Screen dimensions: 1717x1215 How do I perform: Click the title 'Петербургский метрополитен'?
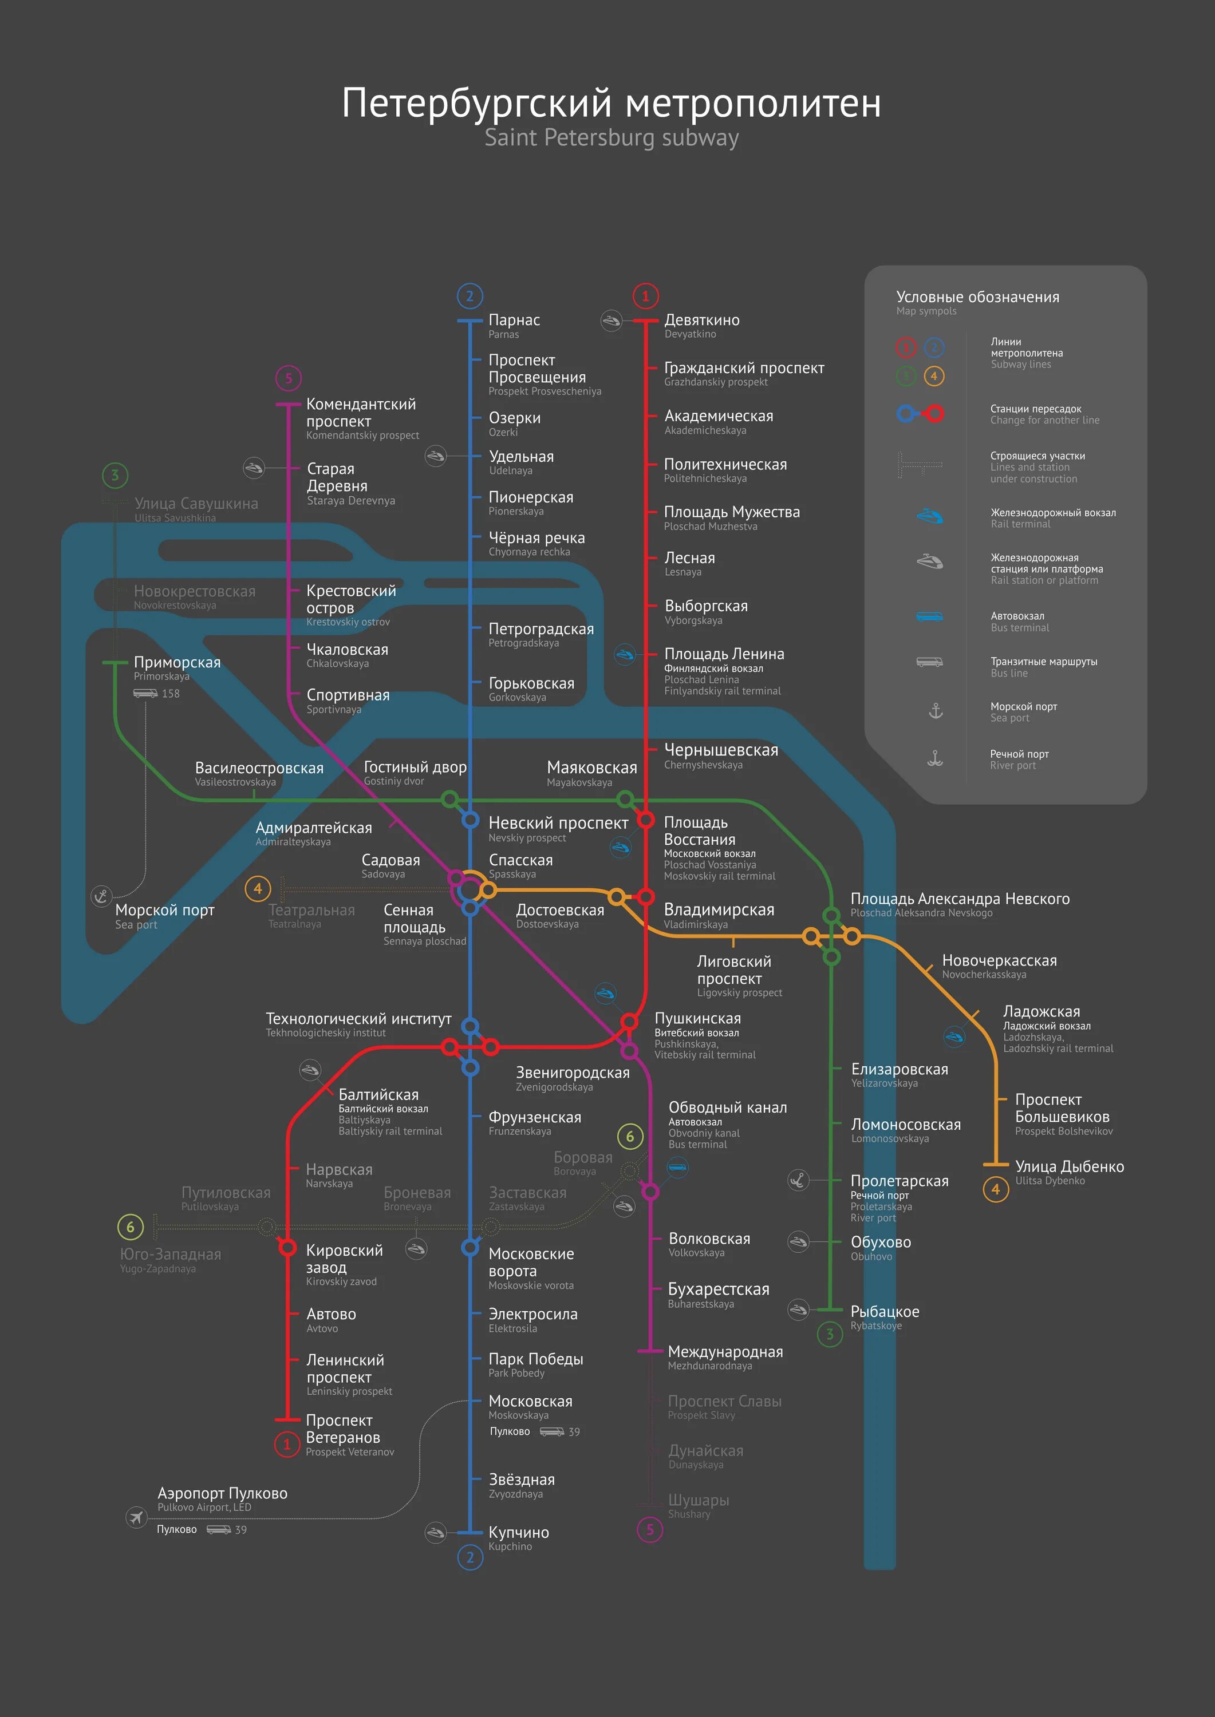pyautogui.click(x=612, y=103)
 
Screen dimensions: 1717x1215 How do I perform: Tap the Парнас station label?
pyautogui.click(x=514, y=320)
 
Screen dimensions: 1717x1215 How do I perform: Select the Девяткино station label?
pyautogui.click(x=702, y=320)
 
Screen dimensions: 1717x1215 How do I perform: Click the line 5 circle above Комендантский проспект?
pyautogui.click(x=288, y=378)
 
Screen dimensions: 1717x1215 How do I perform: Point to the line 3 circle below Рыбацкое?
pyautogui.click(x=829, y=1334)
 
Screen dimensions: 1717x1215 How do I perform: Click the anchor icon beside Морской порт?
pyautogui.click(x=101, y=896)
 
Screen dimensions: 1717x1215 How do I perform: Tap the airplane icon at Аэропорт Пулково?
pyautogui.click(x=136, y=1517)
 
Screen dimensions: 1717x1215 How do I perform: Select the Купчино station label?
pyautogui.click(x=519, y=1532)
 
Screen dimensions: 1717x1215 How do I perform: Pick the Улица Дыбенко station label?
pyautogui.click(x=1069, y=1166)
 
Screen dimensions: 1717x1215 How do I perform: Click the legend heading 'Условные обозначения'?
pyautogui.click(x=977, y=297)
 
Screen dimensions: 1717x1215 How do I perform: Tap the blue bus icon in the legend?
pyautogui.click(x=929, y=616)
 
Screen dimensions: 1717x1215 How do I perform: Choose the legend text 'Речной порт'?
pyautogui.click(x=1019, y=754)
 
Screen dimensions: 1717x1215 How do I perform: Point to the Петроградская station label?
pyautogui.click(x=541, y=629)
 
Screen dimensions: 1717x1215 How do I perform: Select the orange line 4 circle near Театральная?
pyautogui.click(x=257, y=888)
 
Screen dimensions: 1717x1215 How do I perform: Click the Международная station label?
pyautogui.click(x=725, y=1352)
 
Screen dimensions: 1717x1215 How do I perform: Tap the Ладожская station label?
pyautogui.click(x=1042, y=1012)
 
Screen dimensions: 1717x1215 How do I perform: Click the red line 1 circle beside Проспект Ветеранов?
pyautogui.click(x=286, y=1444)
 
